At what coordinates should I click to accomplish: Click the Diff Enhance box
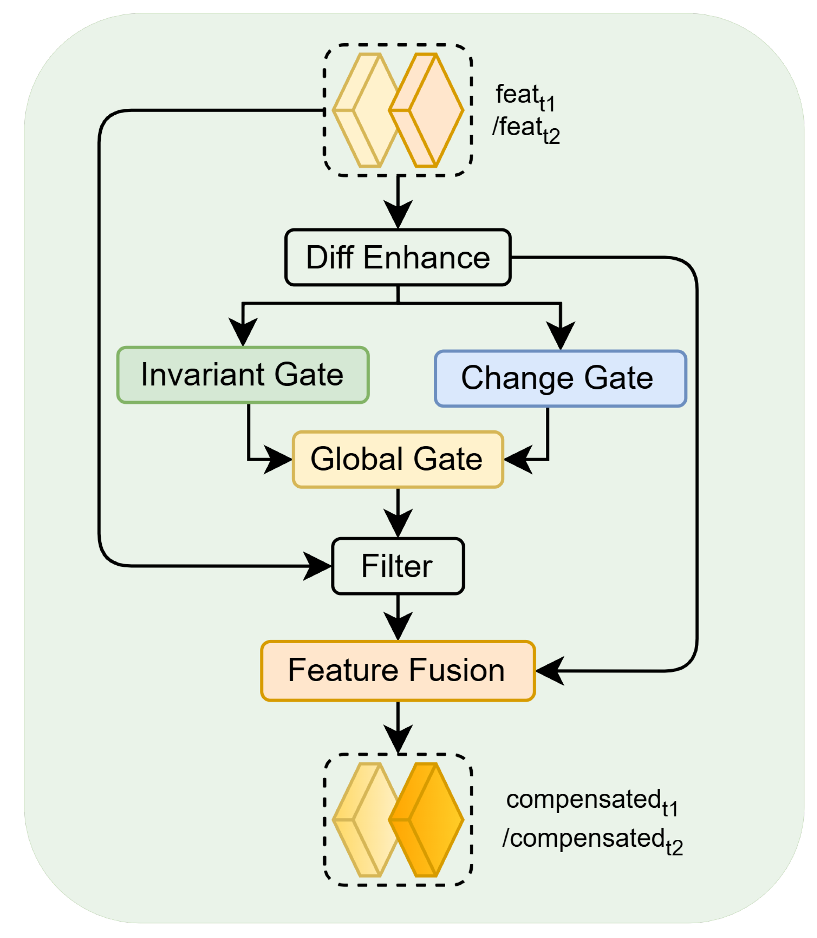(398, 257)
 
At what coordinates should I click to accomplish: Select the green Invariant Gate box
(243, 375)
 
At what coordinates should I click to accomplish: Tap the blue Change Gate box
(560, 379)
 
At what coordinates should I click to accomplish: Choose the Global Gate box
(398, 460)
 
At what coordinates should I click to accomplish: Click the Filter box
(398, 566)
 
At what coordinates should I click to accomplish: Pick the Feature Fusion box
(398, 671)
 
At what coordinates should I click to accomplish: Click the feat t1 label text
(525, 97)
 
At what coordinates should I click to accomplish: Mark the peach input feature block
(426, 110)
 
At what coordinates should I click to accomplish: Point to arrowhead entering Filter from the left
(317, 566)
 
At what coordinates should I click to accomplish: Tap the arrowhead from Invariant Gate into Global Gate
(278, 460)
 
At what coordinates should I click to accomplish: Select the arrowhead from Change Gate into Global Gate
(518, 460)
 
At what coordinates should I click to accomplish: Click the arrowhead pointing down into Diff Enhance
(398, 214)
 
